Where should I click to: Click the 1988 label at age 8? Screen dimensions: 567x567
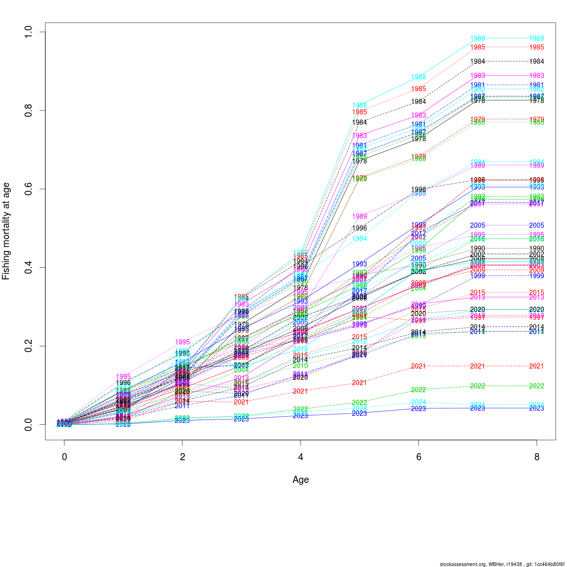click(536, 38)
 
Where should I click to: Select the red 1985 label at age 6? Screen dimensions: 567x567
click(418, 89)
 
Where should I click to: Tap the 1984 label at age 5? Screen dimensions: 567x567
click(359, 123)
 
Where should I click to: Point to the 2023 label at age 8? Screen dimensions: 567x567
click(536, 408)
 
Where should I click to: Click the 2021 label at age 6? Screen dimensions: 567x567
click(418, 366)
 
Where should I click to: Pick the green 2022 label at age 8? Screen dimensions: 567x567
click(536, 386)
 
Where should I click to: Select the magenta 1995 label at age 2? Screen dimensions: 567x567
click(182, 342)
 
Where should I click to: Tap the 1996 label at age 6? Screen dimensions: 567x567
click(418, 189)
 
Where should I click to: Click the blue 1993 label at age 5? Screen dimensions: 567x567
click(359, 264)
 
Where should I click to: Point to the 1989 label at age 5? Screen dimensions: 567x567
click(359, 216)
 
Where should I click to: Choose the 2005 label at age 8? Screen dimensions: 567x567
click(536, 225)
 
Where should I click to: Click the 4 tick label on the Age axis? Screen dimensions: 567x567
click(301, 457)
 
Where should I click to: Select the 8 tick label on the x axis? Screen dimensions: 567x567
click(536, 457)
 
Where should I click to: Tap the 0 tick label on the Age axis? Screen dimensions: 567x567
click(64, 457)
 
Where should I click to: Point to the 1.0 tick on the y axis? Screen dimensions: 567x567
click(29, 32)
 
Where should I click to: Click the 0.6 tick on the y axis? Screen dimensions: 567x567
click(29, 189)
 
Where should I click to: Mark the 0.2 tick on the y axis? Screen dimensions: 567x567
click(29, 346)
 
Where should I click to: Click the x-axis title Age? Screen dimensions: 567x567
click(301, 480)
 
